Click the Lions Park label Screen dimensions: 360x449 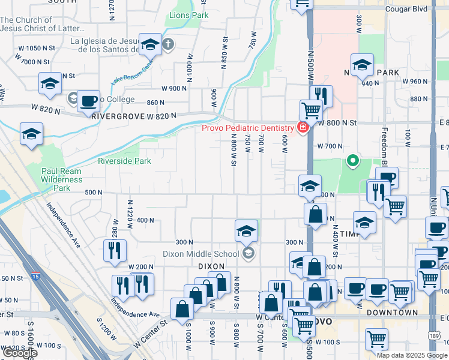[x=188, y=14]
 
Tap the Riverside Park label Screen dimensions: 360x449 [x=124, y=161]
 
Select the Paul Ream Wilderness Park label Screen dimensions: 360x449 [x=61, y=179]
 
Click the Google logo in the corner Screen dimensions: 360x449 [x=19, y=353]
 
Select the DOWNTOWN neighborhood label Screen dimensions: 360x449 [x=392, y=313]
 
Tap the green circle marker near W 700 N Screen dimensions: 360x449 [x=353, y=160]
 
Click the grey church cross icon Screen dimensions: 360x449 [x=169, y=44]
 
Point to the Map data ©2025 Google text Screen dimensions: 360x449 [x=412, y=355]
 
